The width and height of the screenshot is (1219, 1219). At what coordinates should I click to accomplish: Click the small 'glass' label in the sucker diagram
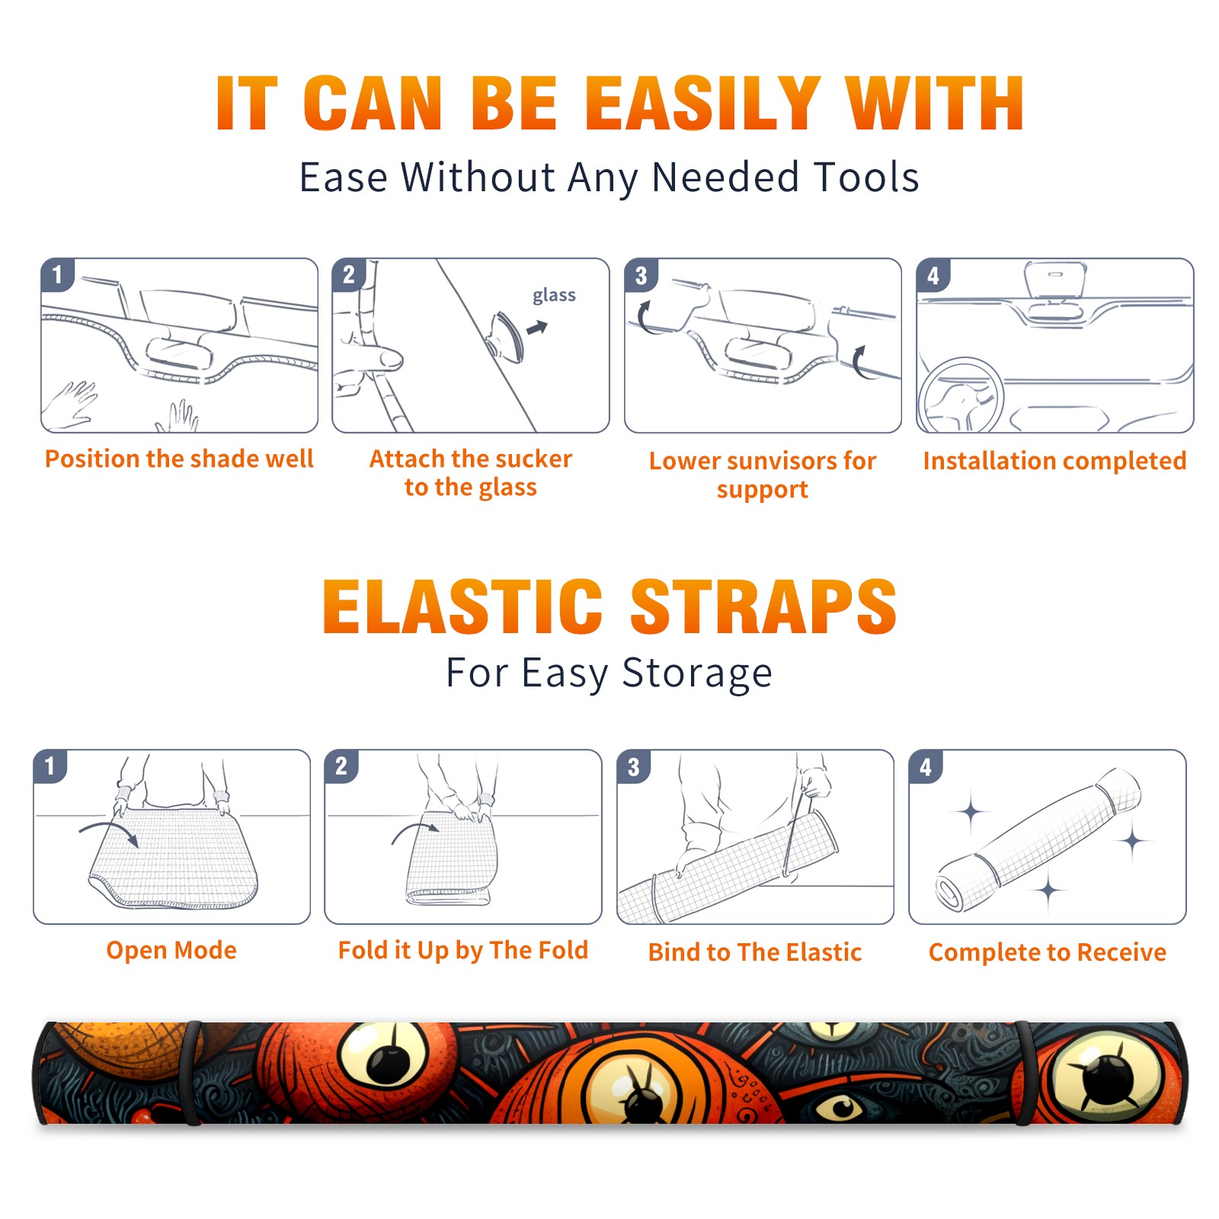click(x=554, y=295)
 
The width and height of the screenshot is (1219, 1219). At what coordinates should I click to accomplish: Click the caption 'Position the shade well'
click(x=179, y=459)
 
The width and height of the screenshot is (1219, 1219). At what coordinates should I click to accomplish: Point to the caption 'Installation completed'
click(x=1054, y=461)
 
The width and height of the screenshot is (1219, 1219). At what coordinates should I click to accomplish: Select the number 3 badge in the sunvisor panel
click(x=641, y=276)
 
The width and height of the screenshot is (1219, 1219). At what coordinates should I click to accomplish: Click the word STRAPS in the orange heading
click(x=763, y=606)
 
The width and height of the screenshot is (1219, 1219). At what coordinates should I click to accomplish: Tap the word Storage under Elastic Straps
click(x=697, y=673)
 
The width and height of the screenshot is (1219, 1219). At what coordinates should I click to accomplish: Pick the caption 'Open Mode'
click(x=171, y=950)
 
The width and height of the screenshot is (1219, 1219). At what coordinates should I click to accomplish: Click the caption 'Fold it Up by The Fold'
click(x=463, y=951)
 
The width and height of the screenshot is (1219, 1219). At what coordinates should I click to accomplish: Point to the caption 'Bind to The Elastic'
click(x=755, y=952)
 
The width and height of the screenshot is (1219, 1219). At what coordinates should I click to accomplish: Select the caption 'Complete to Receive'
click(x=1048, y=952)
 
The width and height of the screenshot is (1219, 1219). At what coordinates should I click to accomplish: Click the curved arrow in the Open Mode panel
click(x=107, y=825)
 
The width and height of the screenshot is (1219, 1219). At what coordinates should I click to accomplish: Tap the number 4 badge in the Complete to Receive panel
click(x=926, y=766)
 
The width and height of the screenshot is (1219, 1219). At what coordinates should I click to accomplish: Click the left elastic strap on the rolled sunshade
click(x=192, y=1073)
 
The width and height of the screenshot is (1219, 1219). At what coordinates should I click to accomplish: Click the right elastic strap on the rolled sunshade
click(x=1023, y=1073)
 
